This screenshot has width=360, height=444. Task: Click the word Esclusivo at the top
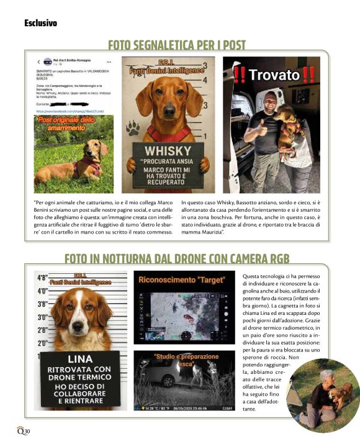[41, 23]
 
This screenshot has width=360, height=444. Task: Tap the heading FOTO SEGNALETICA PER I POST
[177, 45]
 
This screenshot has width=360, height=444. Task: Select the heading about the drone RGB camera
[177, 258]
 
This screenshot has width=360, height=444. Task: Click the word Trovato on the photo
[274, 75]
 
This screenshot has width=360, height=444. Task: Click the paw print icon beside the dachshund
[133, 129]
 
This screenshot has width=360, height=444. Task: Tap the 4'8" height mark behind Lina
[42, 278]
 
